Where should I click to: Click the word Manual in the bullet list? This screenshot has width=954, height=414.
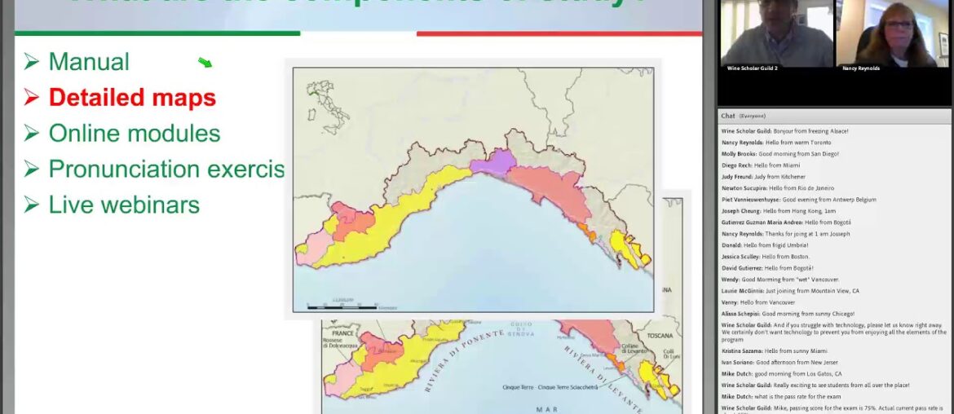[x=89, y=62]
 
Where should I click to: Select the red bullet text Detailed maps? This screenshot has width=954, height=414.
[x=132, y=98]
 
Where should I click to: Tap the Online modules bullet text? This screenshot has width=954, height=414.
[x=135, y=133]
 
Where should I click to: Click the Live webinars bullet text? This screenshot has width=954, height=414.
[x=124, y=205]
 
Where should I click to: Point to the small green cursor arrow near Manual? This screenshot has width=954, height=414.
[x=205, y=63]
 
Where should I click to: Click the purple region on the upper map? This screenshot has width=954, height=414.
[x=488, y=161]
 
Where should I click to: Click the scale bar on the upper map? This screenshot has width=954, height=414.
[x=342, y=305]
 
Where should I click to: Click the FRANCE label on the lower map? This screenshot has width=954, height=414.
[x=342, y=333]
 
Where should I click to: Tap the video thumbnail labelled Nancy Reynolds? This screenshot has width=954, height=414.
[x=886, y=34]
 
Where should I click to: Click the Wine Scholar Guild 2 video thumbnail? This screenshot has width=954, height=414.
[x=776, y=34]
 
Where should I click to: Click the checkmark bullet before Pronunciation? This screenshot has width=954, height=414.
[x=31, y=169]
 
